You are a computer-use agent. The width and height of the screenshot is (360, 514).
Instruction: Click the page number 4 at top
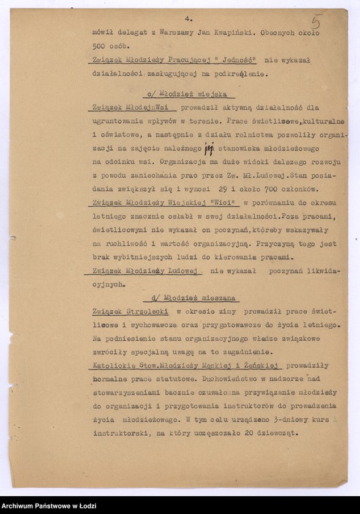click(x=189, y=18)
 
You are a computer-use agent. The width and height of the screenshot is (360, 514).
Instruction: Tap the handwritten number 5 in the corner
click(x=317, y=22)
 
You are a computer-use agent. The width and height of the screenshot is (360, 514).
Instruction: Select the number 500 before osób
click(x=100, y=46)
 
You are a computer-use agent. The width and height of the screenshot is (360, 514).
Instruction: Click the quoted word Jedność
click(x=235, y=60)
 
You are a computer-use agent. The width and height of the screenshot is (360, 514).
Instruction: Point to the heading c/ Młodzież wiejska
click(x=186, y=94)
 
